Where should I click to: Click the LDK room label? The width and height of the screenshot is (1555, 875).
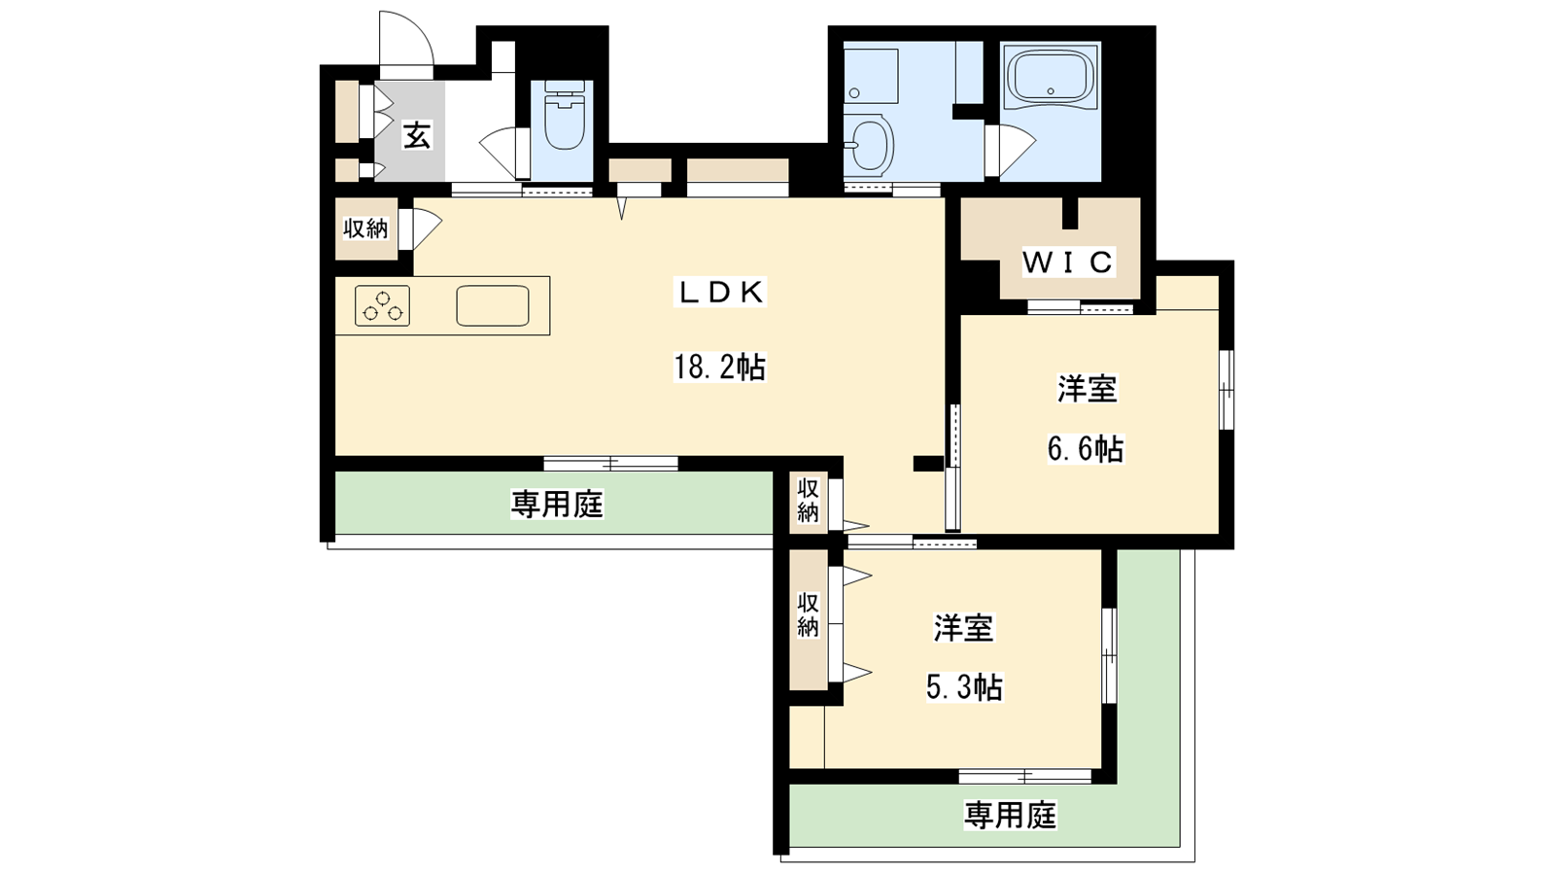tap(720, 293)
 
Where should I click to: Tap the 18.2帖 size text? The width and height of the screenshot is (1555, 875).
tap(720, 367)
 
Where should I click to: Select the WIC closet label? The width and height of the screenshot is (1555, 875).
tap(1068, 262)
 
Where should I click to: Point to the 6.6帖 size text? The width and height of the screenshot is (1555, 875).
tap(1086, 448)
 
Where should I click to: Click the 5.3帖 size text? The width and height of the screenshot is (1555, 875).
tap(964, 687)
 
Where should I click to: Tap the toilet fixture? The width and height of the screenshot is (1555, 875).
tap(564, 116)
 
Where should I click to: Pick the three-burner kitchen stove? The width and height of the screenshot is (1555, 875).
tap(383, 305)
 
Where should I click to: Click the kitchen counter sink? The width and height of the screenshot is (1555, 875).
tap(492, 305)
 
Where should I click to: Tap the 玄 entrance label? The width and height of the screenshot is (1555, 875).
tap(417, 135)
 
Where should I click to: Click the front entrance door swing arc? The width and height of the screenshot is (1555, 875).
tap(419, 28)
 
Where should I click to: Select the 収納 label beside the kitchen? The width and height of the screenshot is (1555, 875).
tap(365, 228)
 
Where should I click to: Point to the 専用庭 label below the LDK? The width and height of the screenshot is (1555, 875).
tap(558, 504)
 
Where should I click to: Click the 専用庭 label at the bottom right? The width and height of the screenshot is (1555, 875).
tap(1010, 816)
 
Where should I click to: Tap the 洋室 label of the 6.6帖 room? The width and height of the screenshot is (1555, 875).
tap(1088, 389)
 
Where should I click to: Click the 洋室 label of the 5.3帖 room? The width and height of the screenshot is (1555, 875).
tap(963, 628)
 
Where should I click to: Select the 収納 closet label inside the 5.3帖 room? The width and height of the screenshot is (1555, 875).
tap(808, 614)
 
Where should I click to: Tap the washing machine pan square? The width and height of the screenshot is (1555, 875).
tap(871, 75)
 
